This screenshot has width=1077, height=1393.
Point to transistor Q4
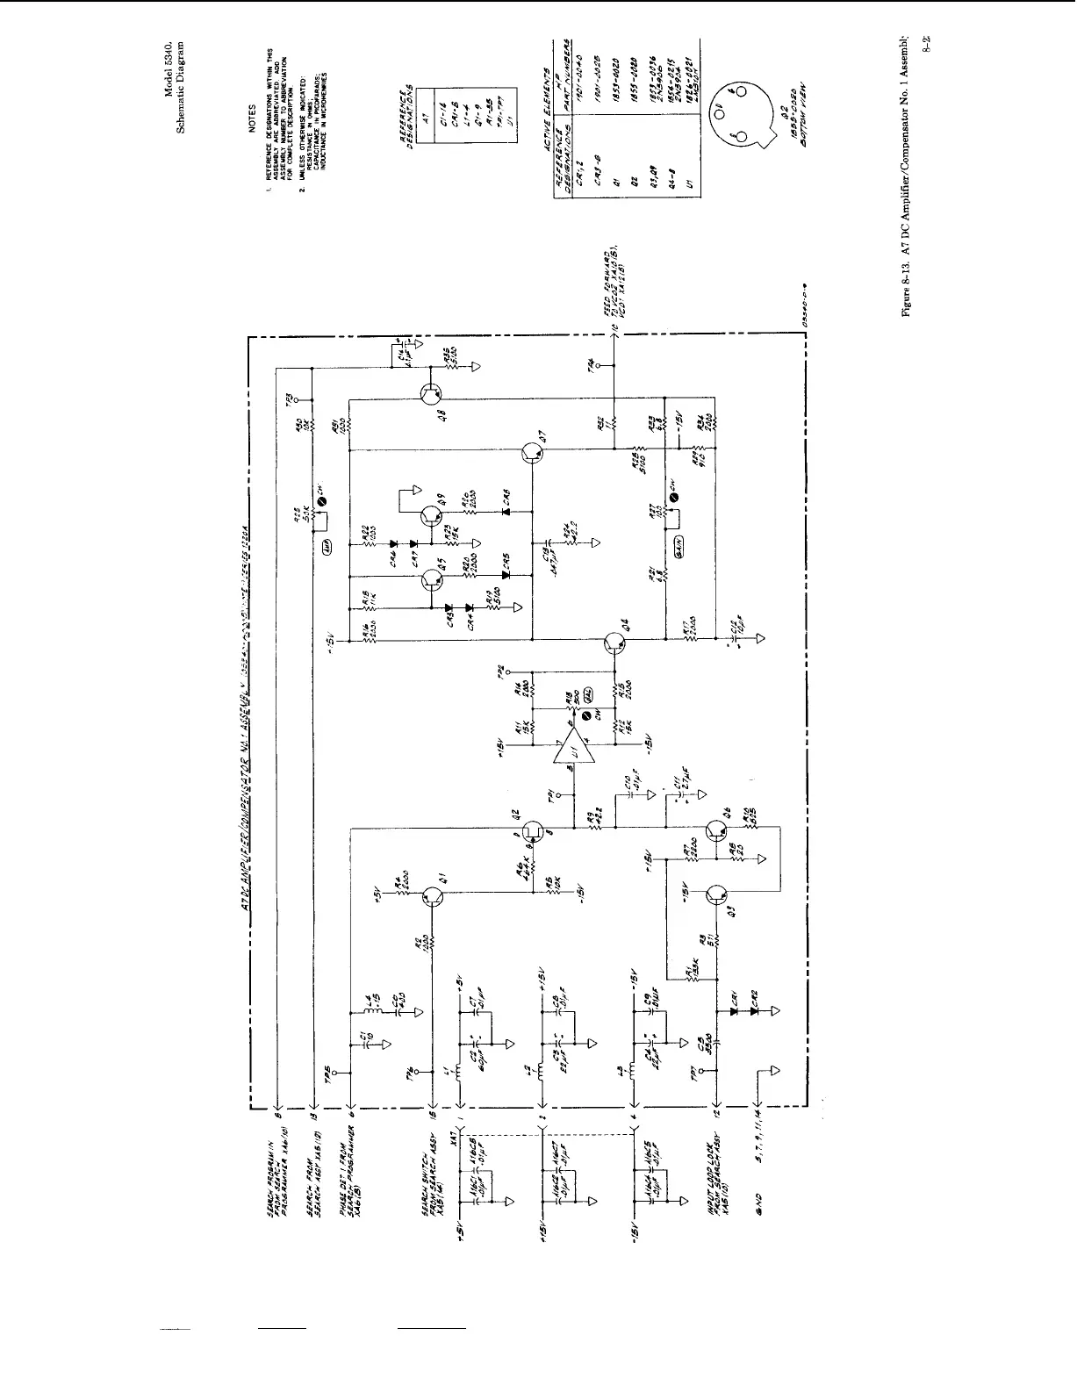(615, 643)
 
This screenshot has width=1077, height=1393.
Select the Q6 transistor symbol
(716, 829)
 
